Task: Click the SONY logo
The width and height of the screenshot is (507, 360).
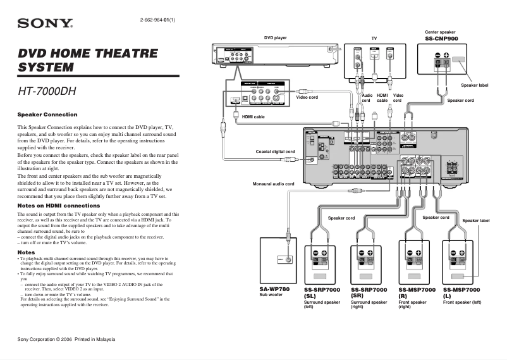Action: [45, 24]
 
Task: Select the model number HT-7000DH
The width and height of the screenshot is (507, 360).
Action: [47, 91]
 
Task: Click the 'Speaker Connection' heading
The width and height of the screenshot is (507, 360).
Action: [47, 115]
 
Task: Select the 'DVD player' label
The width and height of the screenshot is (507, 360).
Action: [275, 38]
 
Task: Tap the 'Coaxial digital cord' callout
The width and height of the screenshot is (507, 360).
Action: [275, 152]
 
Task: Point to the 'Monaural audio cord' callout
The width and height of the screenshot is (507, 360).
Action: [274, 184]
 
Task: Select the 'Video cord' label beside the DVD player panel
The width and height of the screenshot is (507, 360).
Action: [307, 97]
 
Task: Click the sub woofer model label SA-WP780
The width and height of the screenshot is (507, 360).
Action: [275, 289]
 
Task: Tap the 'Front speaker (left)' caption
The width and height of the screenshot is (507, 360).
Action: [462, 302]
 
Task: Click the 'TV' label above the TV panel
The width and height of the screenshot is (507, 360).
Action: [374, 38]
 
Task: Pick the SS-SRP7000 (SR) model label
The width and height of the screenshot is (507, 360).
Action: [369, 292]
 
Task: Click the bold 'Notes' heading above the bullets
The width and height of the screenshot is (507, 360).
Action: [26, 252]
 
